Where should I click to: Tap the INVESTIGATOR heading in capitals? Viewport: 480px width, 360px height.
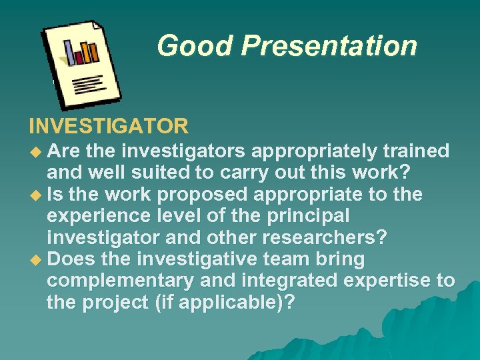[x=109, y=125]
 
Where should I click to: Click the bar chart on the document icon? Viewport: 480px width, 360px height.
[x=81, y=51]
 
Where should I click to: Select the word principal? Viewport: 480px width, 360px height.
[x=306, y=216]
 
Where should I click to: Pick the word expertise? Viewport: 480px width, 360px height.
[x=390, y=281]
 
